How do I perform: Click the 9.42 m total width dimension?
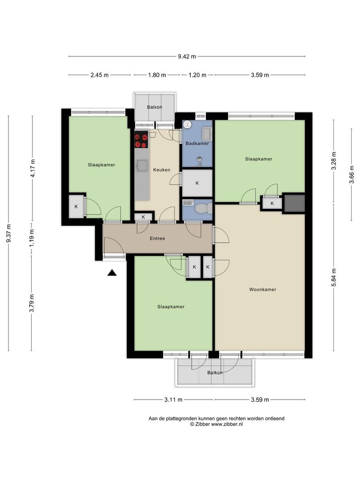coord(187,56)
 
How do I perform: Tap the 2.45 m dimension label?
coord(100,75)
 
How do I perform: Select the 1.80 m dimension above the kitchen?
coord(156,75)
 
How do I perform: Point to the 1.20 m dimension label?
coord(197,75)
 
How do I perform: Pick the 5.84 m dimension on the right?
coord(334,277)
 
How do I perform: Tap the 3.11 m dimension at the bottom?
coord(173,400)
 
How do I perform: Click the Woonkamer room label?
coord(262,289)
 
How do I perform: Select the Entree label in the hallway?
coord(157,239)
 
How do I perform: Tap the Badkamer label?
coord(197,144)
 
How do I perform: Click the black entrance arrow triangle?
coord(112,273)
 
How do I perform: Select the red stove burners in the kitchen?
coord(141,141)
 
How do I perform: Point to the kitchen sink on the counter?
coord(142,166)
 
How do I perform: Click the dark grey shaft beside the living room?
coord(294,203)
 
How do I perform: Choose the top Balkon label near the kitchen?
coord(154,107)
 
